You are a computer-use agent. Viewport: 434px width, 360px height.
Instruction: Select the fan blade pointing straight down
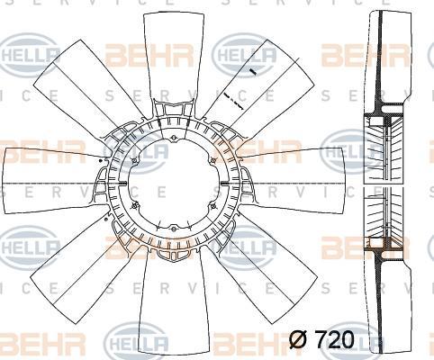174,303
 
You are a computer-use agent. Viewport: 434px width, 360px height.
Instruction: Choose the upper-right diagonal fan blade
264,90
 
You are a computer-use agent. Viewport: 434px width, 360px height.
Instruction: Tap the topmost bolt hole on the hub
174,139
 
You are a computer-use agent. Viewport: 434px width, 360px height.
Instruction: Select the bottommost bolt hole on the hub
174,229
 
